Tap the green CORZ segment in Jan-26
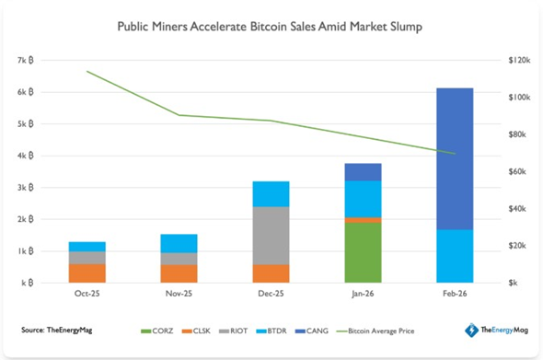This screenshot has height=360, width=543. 362,252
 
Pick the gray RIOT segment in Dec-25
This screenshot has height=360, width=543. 271,236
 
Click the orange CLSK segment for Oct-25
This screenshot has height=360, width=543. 87,273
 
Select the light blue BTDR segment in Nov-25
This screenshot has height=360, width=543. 179,243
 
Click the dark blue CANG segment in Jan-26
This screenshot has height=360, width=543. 362,172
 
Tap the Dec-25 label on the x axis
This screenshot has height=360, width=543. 271,295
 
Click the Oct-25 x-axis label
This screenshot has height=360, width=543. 87,295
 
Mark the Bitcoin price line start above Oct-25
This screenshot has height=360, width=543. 87,71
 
